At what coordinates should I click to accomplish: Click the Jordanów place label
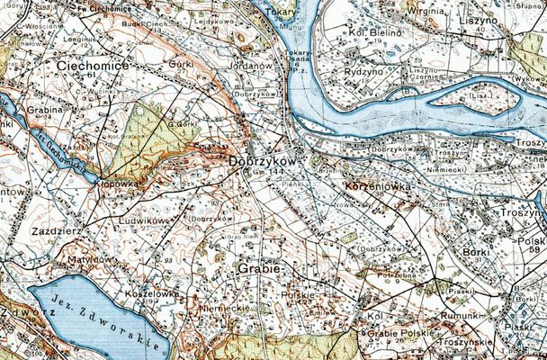pyautogui.click(x=251, y=66)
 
